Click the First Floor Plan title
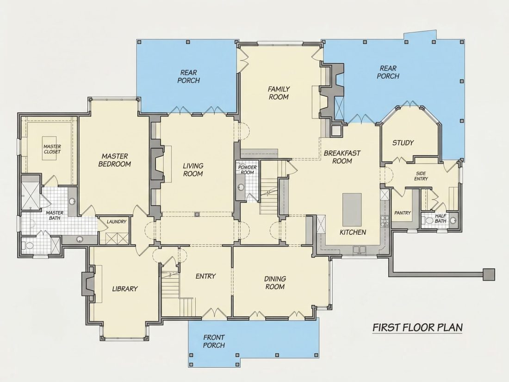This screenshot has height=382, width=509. [x=417, y=327]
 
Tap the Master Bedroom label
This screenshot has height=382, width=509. [x=115, y=160]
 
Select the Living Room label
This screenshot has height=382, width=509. [x=193, y=169]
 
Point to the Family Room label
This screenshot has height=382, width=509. [x=279, y=93]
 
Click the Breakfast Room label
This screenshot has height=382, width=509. [x=342, y=157]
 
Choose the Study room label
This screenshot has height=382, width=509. [x=403, y=143]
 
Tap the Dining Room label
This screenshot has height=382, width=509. [x=275, y=282]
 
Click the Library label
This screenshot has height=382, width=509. [x=125, y=289]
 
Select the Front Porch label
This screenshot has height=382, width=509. [x=214, y=341]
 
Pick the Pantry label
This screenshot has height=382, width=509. [x=403, y=213]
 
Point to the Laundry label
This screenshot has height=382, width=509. [x=116, y=221]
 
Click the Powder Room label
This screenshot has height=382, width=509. [x=248, y=170]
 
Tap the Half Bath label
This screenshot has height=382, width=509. [x=441, y=219]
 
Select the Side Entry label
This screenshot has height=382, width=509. [x=421, y=176]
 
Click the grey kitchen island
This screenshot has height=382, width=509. [x=352, y=210]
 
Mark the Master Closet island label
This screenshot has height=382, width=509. [x=52, y=149]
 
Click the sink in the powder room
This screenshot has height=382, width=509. [x=241, y=188]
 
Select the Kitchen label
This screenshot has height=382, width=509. [x=353, y=232]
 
